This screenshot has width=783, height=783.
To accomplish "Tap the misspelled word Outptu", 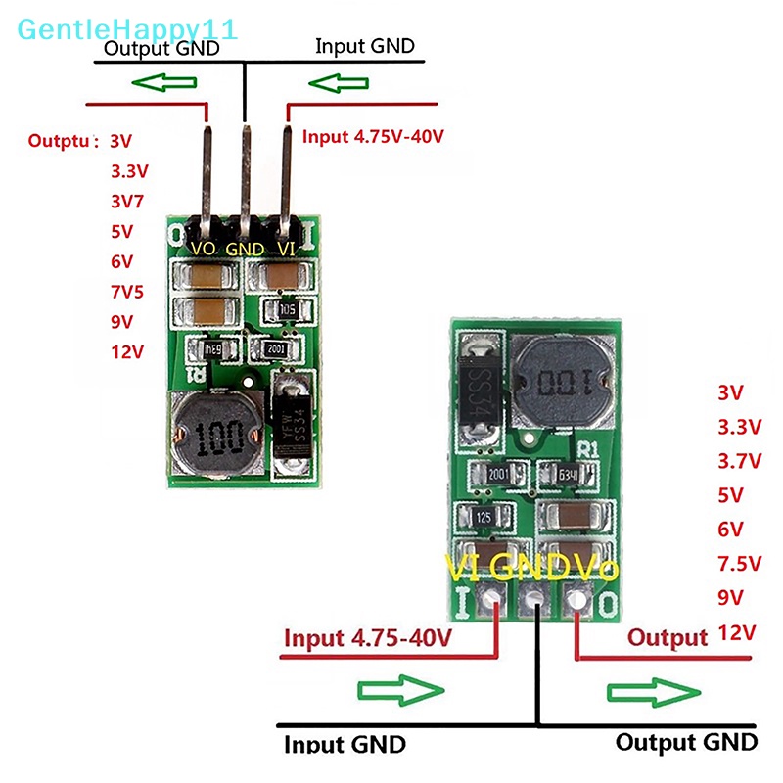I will coord(64,140).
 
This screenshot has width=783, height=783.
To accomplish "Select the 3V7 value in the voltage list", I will coord(125,202).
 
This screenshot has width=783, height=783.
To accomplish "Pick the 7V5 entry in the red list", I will coord(125,293).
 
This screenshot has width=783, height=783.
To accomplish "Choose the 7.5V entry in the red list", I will coord(737,563).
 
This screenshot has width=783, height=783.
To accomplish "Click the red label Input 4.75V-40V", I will coord(373,136).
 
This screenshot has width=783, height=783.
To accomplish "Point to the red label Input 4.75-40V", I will coord(367,638).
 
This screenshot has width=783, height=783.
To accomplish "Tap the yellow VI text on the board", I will coord(462,568).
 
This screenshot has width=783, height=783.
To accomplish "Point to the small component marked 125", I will coord(484,516).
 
